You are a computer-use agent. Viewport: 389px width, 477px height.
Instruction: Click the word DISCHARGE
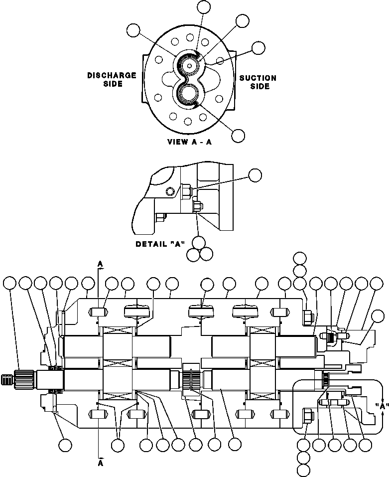[x=112, y=75]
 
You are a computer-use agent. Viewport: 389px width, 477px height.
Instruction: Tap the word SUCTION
[x=258, y=78]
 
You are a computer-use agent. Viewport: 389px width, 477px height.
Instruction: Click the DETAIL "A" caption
[x=160, y=244]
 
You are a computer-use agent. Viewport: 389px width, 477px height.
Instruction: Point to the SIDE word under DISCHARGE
[x=112, y=84]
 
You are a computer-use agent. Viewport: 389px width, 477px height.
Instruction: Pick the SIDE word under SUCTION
[x=258, y=87]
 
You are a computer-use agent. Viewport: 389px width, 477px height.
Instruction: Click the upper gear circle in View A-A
[x=190, y=65]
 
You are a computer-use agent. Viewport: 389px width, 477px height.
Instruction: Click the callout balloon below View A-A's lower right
[x=238, y=135]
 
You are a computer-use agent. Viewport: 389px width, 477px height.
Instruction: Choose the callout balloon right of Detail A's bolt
[x=255, y=174]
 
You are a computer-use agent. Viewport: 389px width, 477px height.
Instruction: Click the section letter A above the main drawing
[x=100, y=263]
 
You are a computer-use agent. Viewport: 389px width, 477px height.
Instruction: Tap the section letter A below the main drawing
[x=100, y=462]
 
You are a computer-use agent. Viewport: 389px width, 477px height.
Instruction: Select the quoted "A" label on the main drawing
[x=382, y=406]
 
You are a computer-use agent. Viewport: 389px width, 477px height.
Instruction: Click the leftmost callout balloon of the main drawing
[x=9, y=284]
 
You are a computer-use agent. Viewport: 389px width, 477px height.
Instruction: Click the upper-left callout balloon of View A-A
[x=133, y=30]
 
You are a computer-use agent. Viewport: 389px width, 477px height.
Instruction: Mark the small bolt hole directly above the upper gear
[x=190, y=37]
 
